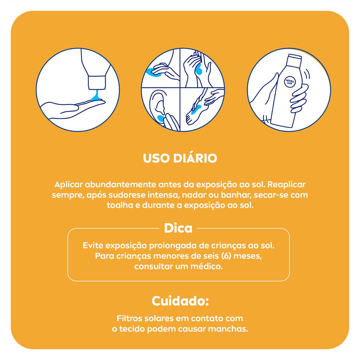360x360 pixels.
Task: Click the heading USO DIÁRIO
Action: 180,159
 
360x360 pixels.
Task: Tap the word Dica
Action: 178,228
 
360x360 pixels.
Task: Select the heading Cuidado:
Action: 180,301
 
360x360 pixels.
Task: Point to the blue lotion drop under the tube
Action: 95,96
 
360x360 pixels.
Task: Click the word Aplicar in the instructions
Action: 68,184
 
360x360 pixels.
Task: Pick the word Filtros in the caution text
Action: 130,319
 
